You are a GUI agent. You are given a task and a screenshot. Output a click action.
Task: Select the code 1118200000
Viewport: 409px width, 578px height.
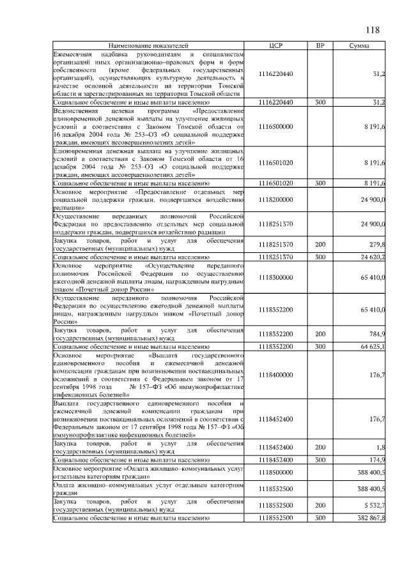point(276,200)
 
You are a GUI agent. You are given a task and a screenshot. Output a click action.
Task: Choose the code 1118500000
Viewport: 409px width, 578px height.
point(276,472)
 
